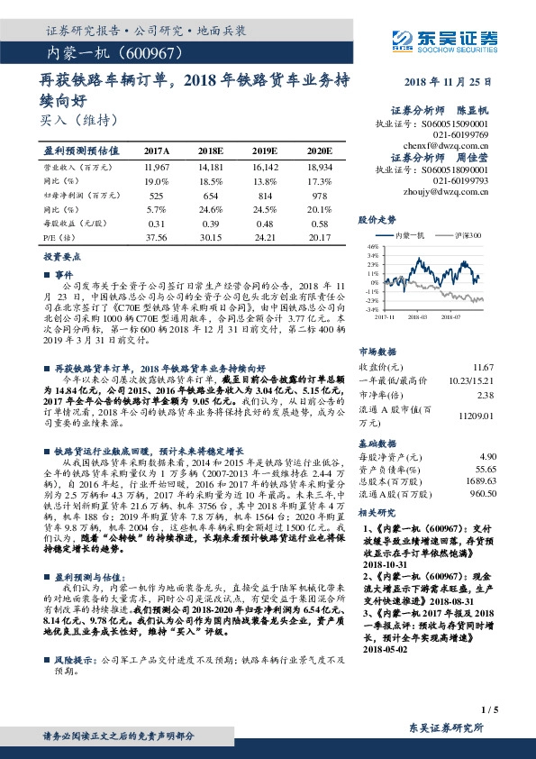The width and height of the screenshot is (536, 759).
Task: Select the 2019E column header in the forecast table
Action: tap(265, 151)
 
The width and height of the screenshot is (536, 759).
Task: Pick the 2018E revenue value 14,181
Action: tap(211, 167)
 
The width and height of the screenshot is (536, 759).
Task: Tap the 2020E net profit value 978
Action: tap(319, 195)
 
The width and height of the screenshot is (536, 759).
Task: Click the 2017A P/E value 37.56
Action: tap(157, 236)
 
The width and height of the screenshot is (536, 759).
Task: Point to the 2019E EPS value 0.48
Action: tap(265, 223)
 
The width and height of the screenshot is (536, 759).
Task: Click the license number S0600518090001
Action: tap(457, 169)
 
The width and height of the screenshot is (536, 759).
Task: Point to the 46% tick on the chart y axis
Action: tap(372, 246)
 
